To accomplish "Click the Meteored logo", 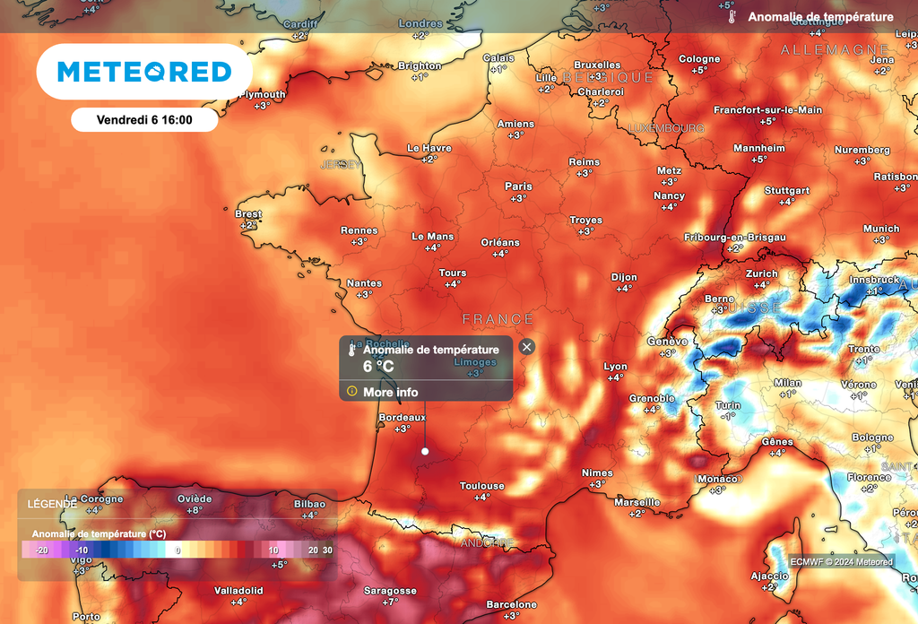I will click(x=144, y=72).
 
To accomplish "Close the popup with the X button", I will click(x=527, y=347).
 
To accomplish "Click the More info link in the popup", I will click(x=390, y=392).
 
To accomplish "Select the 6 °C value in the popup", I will click(x=378, y=367).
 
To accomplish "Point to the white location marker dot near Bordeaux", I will click(x=425, y=451).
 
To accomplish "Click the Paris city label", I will click(x=518, y=186).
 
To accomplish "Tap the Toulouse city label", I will click(x=482, y=486).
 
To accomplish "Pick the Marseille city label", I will click(x=637, y=502).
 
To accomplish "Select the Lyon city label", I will click(x=616, y=367).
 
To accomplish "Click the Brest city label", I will click(x=248, y=214).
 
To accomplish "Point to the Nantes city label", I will click(x=364, y=283).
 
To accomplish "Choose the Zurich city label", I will click(x=761, y=273).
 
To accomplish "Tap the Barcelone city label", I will click(x=511, y=604).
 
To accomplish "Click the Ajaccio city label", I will click(x=769, y=576).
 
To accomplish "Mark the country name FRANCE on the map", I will click(x=498, y=319).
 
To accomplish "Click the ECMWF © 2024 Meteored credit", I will click(x=841, y=562).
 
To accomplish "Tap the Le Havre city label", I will click(x=429, y=148).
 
